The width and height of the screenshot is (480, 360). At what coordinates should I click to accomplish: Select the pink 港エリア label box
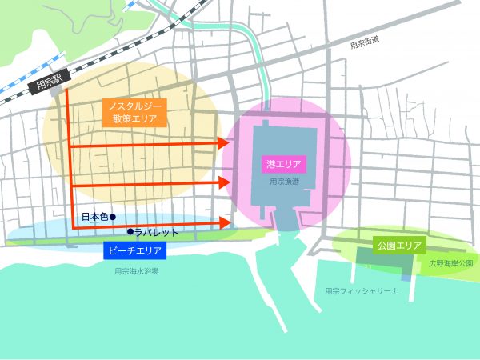[284, 164]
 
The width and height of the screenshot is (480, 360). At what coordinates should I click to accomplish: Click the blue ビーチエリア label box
[134, 251]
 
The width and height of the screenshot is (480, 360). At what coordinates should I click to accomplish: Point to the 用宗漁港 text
[284, 182]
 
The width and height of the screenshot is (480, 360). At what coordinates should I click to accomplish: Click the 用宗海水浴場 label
[136, 271]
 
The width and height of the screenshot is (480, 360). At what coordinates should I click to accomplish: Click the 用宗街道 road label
[367, 46]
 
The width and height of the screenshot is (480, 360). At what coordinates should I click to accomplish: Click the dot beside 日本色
[114, 217]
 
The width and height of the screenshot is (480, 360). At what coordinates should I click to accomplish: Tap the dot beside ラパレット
[129, 232]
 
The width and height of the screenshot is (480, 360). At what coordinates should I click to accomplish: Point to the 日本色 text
[95, 217]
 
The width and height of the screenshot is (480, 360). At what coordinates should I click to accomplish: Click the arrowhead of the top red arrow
[224, 144]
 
